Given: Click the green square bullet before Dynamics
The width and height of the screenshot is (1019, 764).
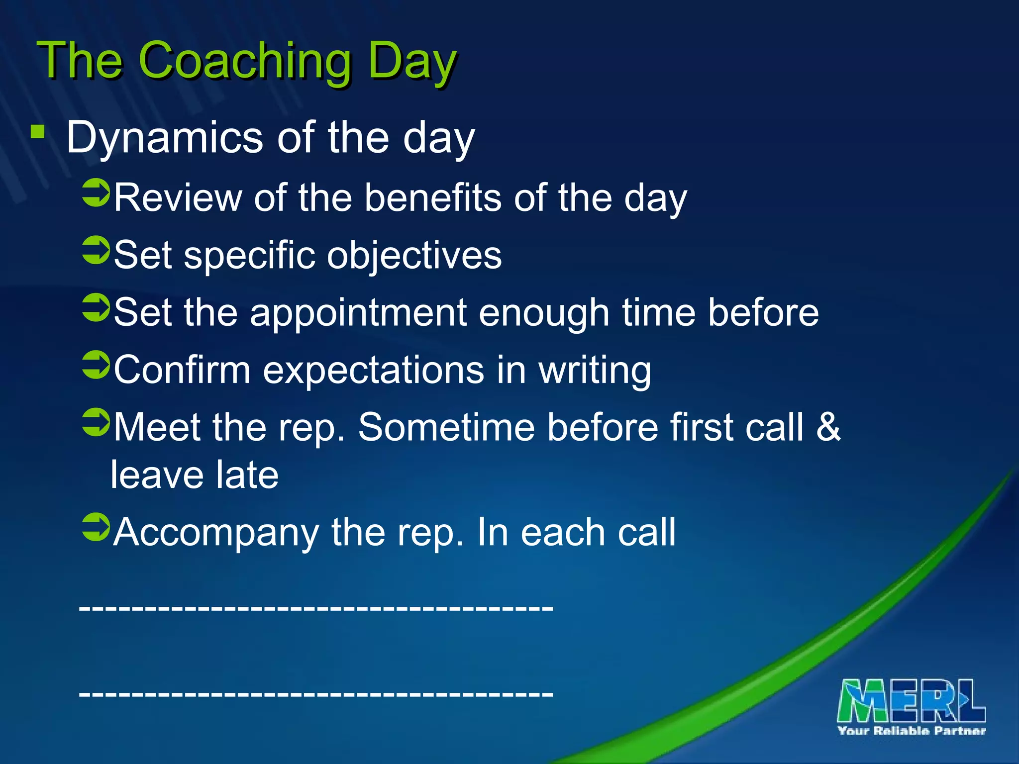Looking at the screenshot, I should coord(37,132).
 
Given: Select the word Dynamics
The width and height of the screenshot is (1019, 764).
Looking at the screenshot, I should coord(164,138).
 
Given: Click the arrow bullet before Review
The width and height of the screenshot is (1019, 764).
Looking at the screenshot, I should coord(96,193).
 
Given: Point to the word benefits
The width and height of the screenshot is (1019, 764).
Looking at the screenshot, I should coord(433,198).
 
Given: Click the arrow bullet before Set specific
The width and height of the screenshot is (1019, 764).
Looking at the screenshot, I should coord(96,250).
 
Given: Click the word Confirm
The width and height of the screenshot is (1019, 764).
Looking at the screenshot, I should coord(182,370).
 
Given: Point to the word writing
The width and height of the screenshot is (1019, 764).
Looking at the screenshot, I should coord(595,371).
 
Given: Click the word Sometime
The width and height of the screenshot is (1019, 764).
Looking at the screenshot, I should coord(446,427).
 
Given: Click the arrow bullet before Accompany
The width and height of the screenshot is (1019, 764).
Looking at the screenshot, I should coord(96,527).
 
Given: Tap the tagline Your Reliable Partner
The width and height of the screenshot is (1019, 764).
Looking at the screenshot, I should coord(912,731).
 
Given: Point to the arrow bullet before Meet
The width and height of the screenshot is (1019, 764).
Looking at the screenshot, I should coord(96,422).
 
